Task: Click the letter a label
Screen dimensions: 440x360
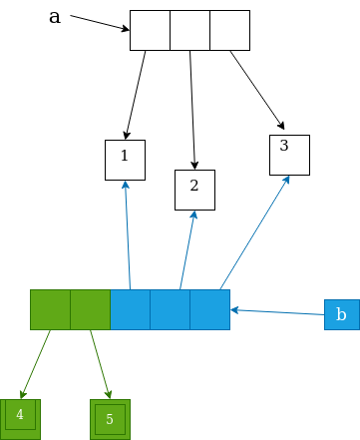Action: (55, 16)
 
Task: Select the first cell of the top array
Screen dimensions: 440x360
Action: (150, 30)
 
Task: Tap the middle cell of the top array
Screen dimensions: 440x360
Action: (189, 30)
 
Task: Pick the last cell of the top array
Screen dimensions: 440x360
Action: (229, 30)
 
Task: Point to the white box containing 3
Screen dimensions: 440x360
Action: (289, 154)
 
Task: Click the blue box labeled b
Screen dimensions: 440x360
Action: (341, 314)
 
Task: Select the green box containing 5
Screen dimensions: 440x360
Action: (110, 419)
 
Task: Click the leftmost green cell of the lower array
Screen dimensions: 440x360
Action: (50, 309)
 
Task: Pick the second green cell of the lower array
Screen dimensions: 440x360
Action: (90, 309)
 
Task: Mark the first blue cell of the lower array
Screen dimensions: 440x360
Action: (130, 309)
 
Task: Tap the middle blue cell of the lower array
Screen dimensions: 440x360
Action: (170, 309)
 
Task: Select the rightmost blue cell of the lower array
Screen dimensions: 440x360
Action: (209, 309)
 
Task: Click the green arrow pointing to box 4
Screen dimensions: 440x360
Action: (36, 363)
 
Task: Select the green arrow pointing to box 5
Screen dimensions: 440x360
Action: (100, 364)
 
